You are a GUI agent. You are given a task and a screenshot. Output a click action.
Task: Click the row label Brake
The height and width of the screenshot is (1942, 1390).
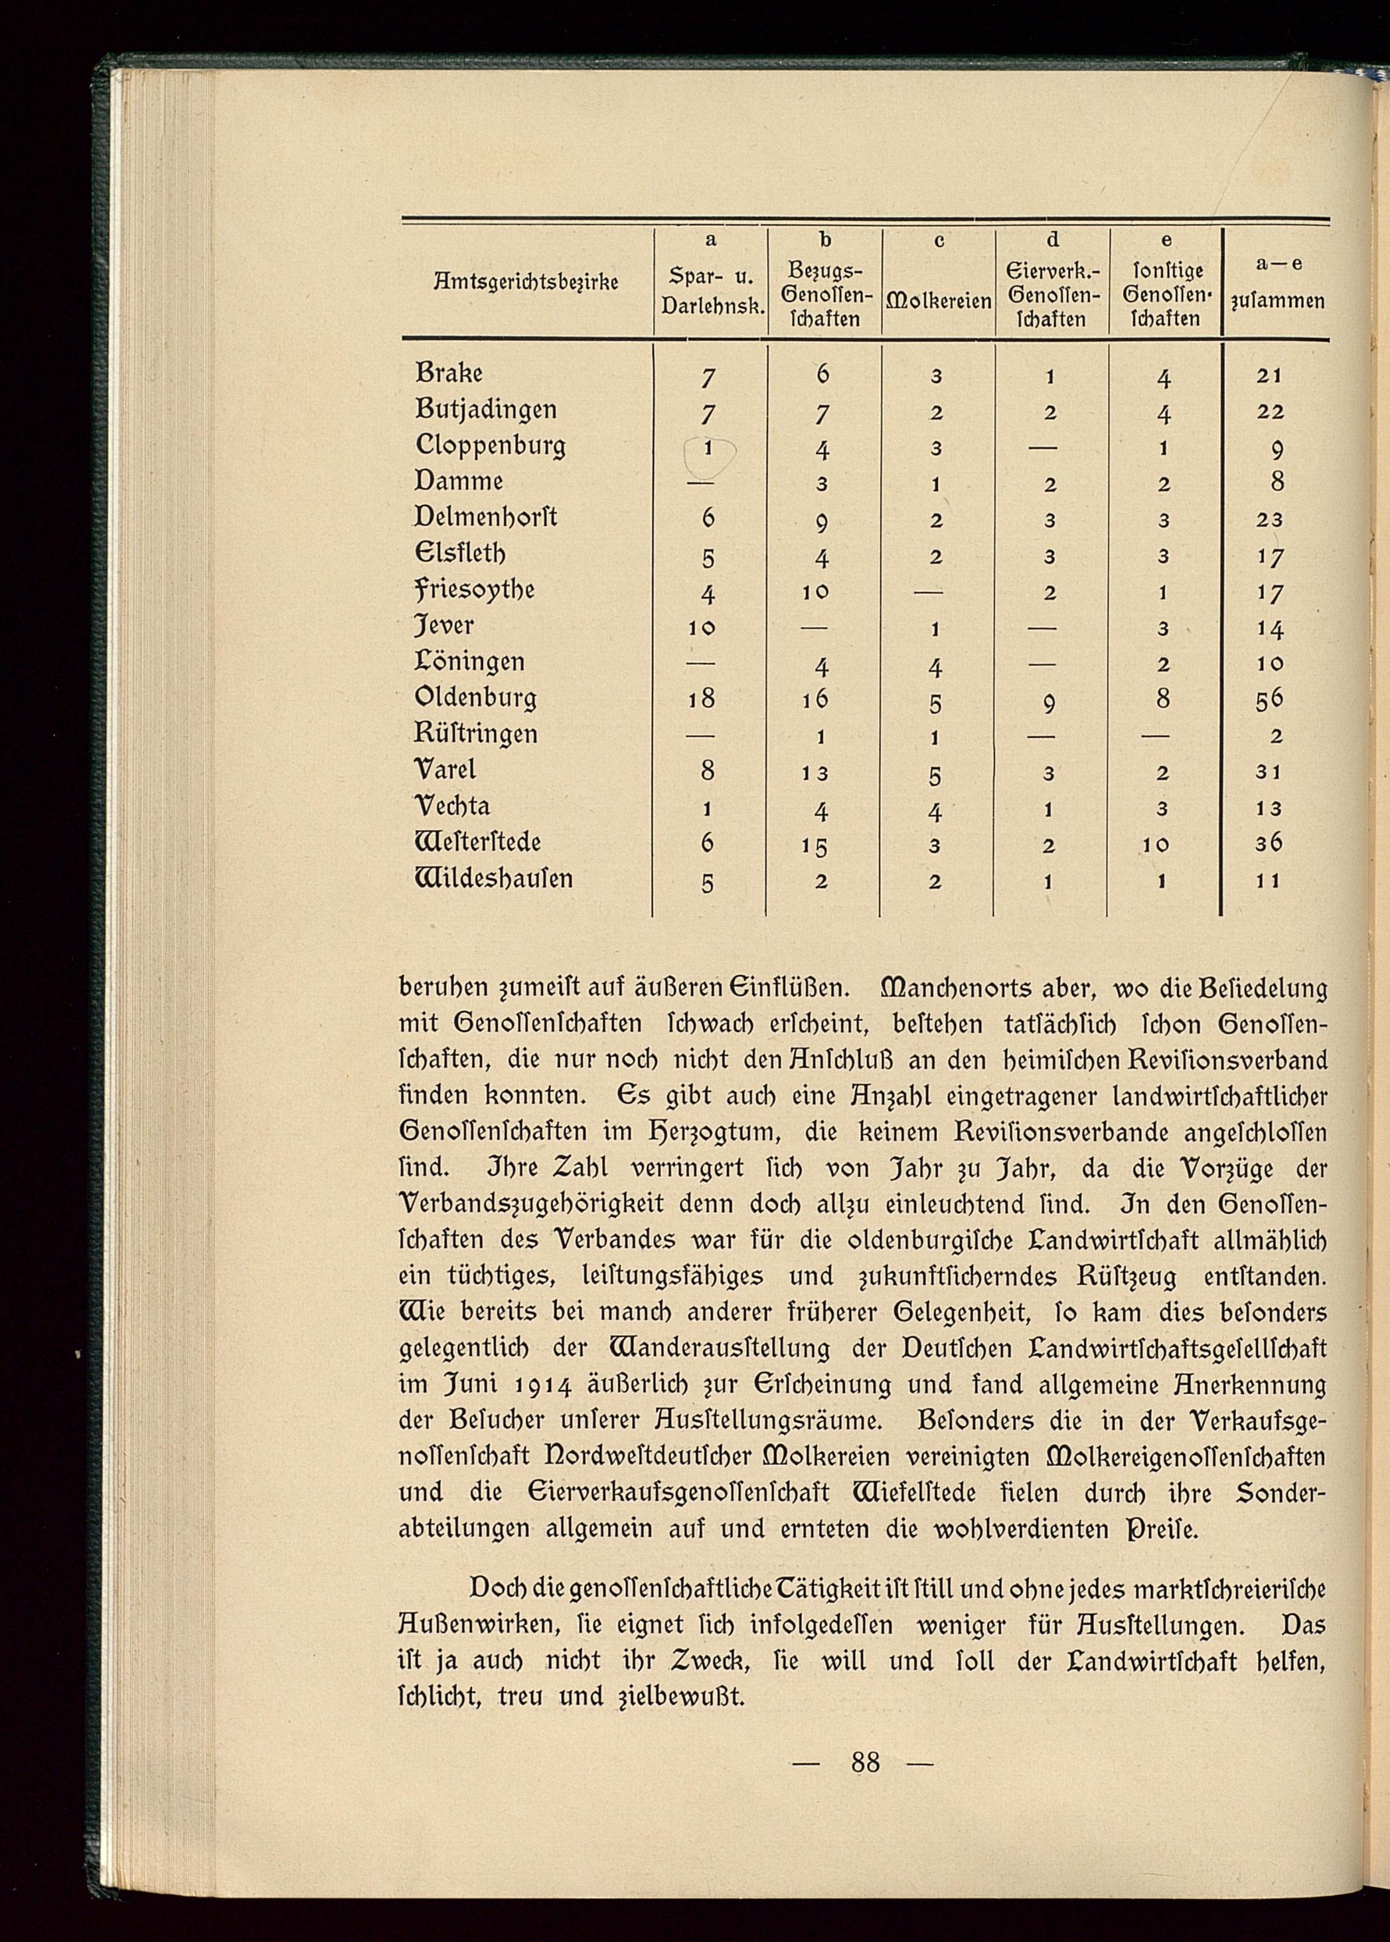(449, 373)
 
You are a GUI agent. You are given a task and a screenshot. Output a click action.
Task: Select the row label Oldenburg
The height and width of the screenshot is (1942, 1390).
(475, 699)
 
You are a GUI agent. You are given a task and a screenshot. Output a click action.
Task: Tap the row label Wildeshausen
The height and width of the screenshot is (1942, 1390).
(494, 879)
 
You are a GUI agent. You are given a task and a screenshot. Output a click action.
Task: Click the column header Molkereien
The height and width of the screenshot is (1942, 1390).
(939, 302)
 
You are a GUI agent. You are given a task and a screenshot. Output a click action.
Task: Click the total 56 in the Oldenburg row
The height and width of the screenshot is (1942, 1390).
(1270, 699)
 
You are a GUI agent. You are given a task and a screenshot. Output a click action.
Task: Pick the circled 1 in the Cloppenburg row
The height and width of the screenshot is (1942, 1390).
(708, 447)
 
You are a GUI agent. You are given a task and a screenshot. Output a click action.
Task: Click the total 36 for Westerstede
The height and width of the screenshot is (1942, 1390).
(1270, 843)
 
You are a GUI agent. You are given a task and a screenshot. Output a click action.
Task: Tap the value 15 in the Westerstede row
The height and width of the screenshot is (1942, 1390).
(821, 845)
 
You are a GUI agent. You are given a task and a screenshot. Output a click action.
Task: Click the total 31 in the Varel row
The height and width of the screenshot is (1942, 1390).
(1270, 772)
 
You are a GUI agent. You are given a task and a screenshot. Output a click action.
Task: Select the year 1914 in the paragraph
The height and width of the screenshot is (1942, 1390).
(538, 1385)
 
